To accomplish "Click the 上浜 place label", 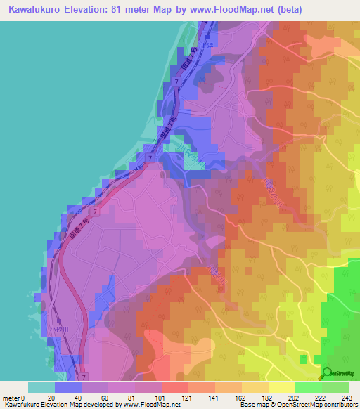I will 207,41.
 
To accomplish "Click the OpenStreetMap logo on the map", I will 338,375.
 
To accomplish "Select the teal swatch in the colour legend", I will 41,387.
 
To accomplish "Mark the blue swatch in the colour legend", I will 68,387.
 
